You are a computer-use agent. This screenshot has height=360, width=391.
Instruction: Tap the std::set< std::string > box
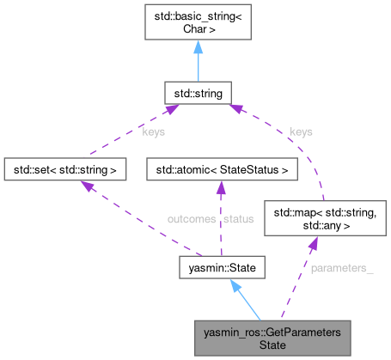point(65,168)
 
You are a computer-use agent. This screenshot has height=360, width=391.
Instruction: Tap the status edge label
point(238,220)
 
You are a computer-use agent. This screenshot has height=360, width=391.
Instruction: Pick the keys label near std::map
point(301,133)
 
